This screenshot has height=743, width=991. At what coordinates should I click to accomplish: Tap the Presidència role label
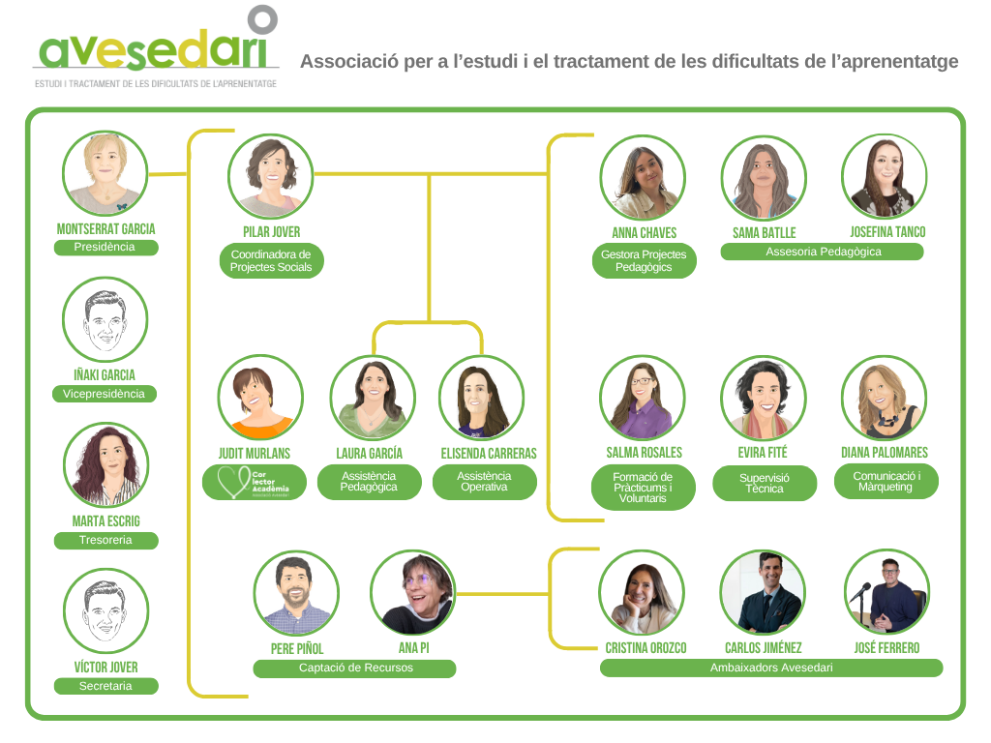tap(105, 247)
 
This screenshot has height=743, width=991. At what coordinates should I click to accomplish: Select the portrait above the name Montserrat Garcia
tap(105, 173)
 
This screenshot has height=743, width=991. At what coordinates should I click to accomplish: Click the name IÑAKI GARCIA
tap(105, 375)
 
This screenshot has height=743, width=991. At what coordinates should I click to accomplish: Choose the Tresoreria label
tap(105, 540)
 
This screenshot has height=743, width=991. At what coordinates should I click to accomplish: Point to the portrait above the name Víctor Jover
tap(105, 610)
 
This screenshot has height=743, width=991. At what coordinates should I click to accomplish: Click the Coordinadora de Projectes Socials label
tap(271, 261)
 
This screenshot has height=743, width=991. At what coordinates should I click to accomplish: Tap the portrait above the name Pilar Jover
tap(271, 176)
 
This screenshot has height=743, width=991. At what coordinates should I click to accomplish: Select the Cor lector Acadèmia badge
tap(255, 483)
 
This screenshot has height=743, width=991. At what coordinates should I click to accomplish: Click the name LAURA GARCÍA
tap(369, 454)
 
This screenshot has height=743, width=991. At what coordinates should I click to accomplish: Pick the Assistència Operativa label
tap(484, 482)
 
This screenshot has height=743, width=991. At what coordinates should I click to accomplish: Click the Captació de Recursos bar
tap(354, 669)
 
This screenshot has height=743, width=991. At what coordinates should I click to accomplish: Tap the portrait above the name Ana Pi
tap(413, 592)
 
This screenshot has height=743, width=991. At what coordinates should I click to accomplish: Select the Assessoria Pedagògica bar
tap(823, 253)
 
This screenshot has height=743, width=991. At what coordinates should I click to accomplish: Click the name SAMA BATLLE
tap(765, 233)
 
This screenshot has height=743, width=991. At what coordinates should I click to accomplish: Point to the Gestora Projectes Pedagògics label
tap(644, 261)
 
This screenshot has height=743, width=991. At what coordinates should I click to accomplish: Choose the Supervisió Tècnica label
tap(765, 484)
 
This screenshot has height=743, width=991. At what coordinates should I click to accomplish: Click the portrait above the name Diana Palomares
tap(885, 398)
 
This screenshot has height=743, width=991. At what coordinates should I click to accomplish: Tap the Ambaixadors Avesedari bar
tap(771, 668)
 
